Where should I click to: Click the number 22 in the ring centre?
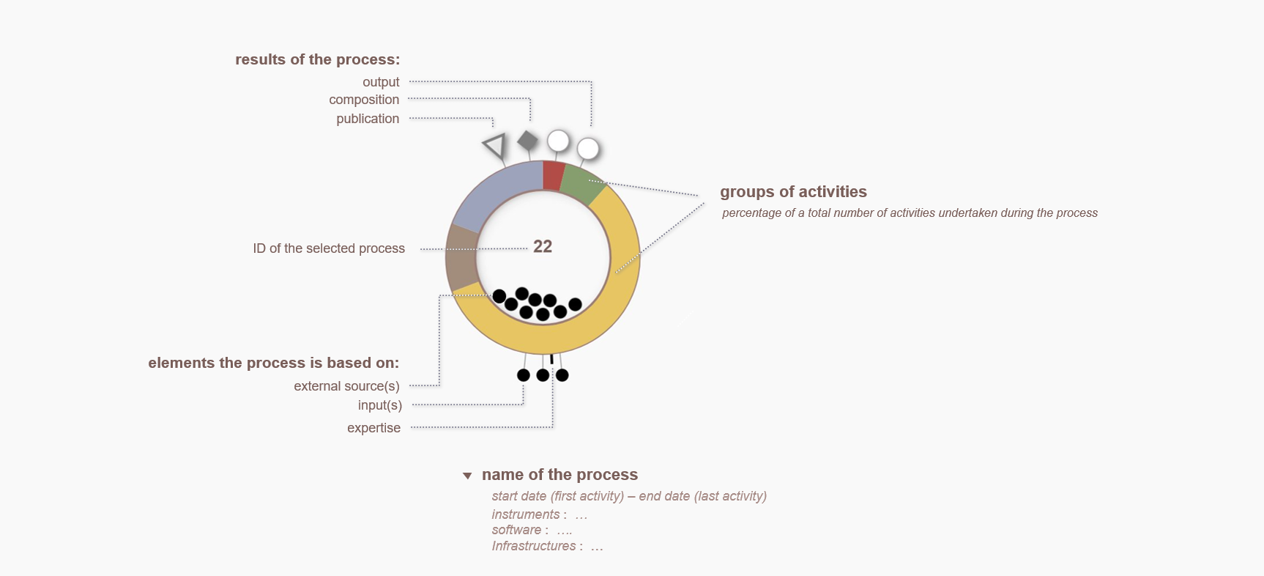click(543, 246)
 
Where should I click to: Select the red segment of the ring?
click(553, 176)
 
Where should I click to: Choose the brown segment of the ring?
click(461, 257)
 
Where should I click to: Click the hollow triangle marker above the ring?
click(495, 146)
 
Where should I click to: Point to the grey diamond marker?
click(527, 141)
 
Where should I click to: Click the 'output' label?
click(381, 82)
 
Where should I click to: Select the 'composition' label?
click(364, 100)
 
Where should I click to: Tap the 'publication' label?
click(368, 119)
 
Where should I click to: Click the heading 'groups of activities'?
click(793, 192)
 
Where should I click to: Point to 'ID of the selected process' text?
click(329, 248)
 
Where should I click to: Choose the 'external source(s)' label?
click(346, 386)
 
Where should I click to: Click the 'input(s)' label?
click(379, 405)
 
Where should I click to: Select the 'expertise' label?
click(373, 428)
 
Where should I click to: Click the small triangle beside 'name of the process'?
click(467, 476)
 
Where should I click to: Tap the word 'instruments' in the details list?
click(526, 514)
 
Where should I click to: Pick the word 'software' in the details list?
click(516, 530)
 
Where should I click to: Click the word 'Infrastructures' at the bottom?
click(534, 546)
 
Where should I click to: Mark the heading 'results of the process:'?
click(318, 59)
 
